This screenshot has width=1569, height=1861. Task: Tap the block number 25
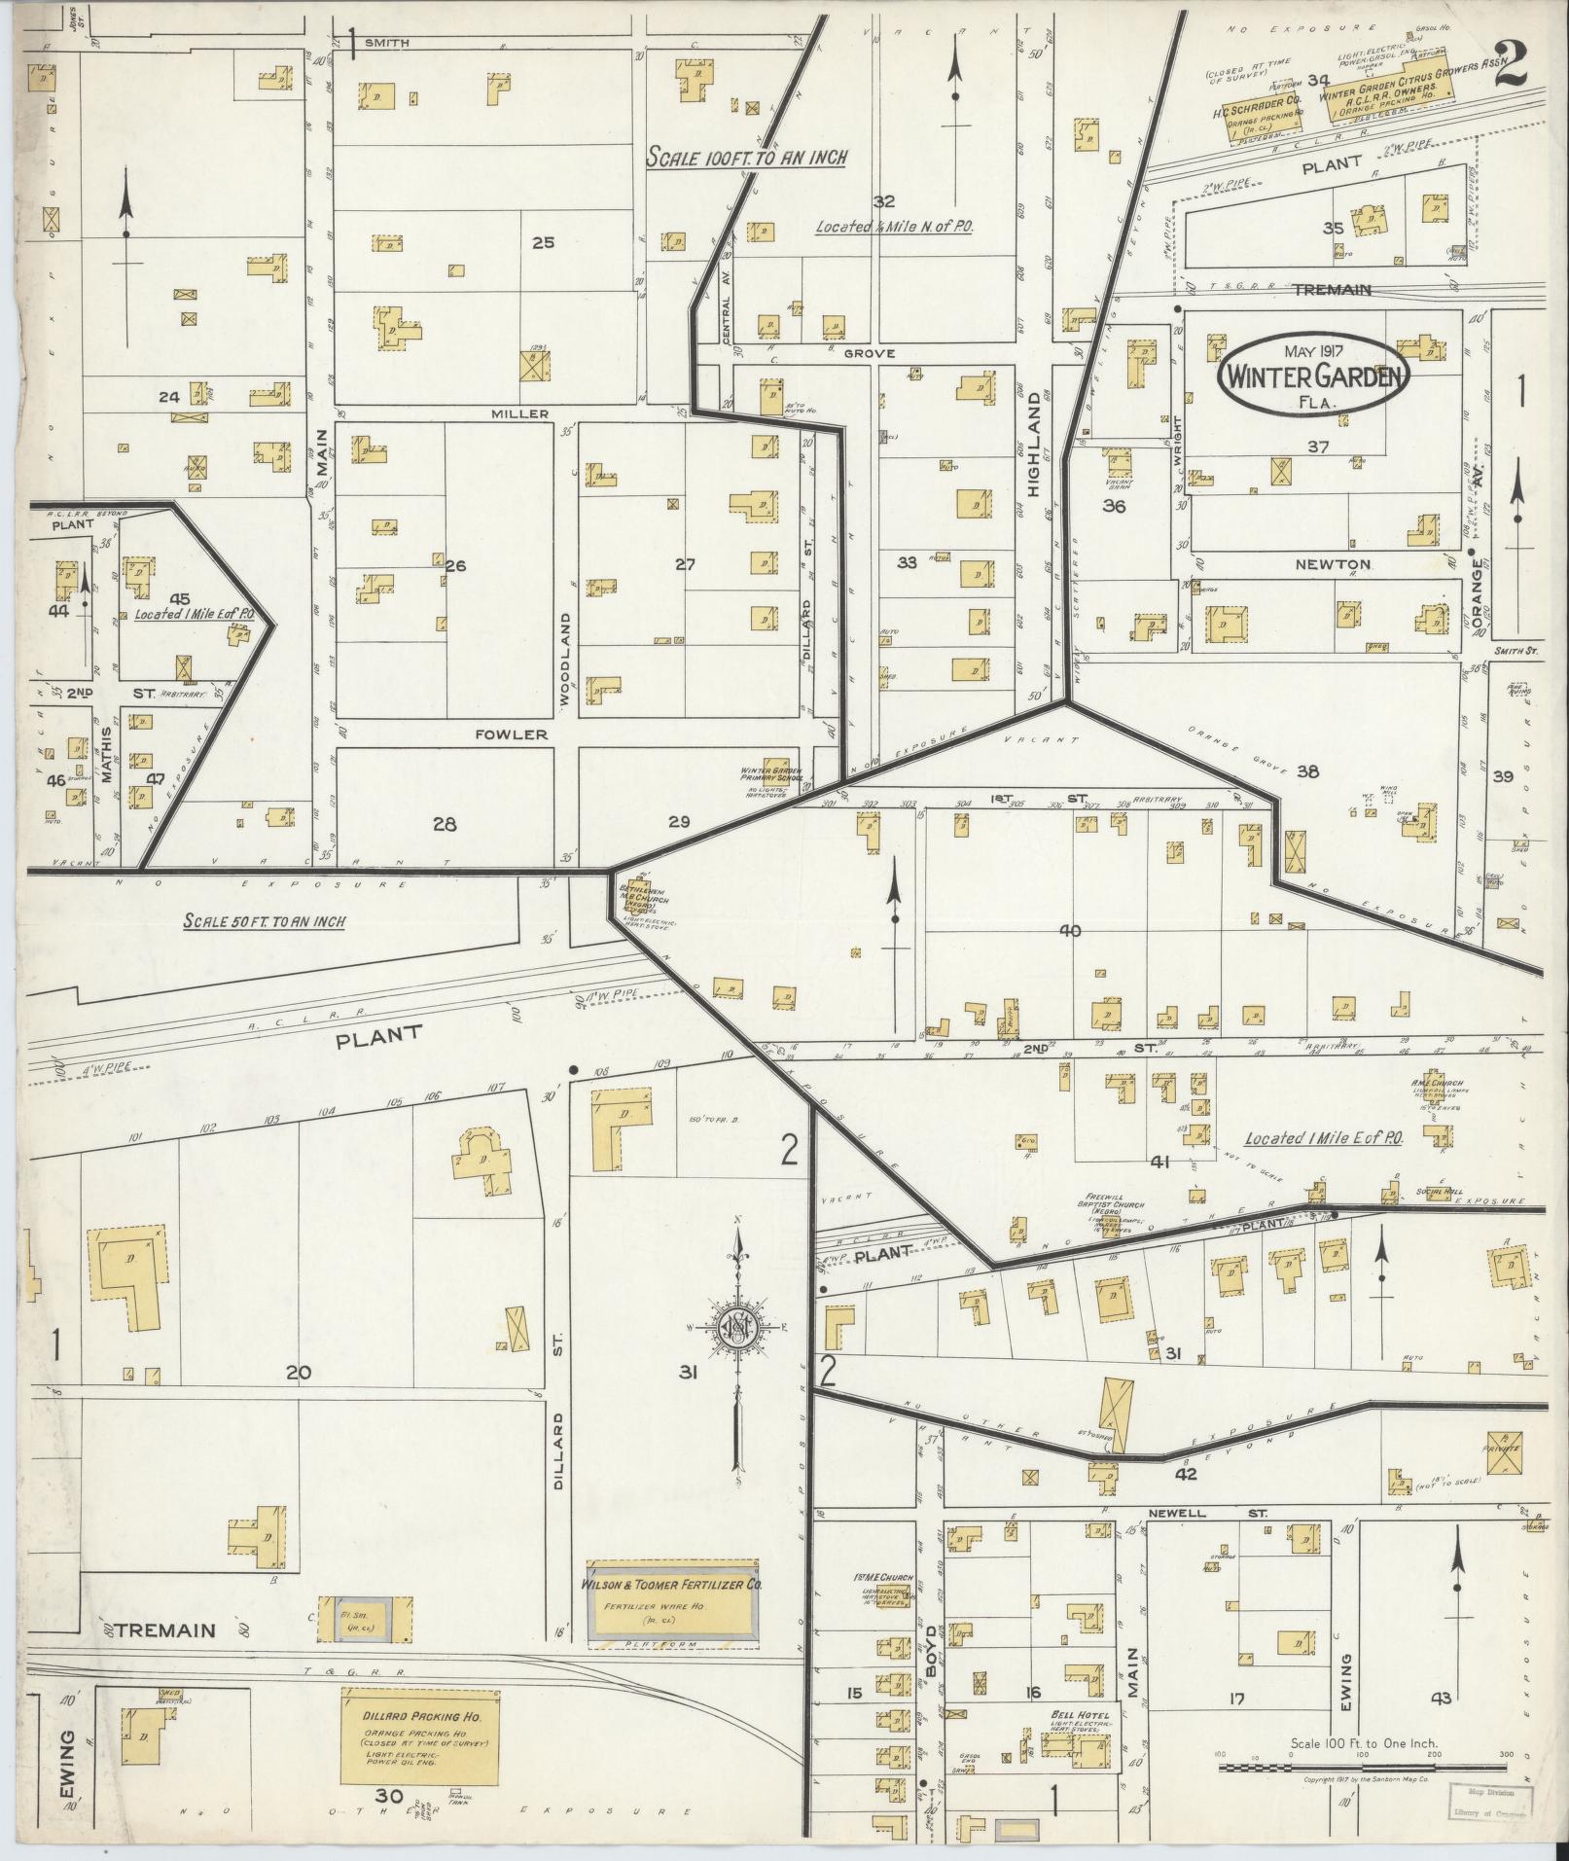[542, 242]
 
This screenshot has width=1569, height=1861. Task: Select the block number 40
[1069, 931]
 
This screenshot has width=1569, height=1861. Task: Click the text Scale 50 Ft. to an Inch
[263, 921]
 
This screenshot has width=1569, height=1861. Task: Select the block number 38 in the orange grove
[1307, 771]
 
